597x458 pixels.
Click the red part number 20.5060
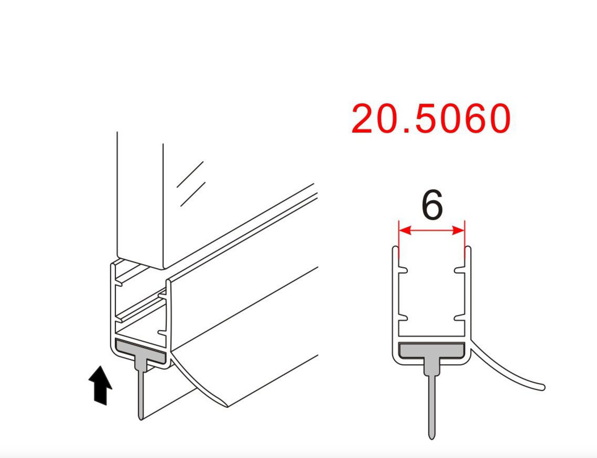click(x=431, y=119)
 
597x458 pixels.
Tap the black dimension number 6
click(x=432, y=205)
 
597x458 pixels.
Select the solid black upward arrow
click(x=100, y=385)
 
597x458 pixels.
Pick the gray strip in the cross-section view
click(x=431, y=351)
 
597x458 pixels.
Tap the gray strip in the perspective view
click(x=140, y=351)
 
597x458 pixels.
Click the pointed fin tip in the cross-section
click(x=432, y=437)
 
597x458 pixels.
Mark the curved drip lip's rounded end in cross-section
click(x=542, y=387)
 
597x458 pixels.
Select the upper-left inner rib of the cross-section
click(x=404, y=271)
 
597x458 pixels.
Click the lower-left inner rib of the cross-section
click(x=404, y=318)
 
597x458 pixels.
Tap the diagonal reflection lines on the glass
click(x=191, y=184)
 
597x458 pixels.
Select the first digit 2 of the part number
click(x=364, y=119)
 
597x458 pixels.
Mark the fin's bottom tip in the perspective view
click(x=141, y=418)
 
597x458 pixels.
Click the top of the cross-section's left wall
click(x=395, y=248)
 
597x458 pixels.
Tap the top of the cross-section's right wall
click(x=468, y=248)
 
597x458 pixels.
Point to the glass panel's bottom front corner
click(x=163, y=268)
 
